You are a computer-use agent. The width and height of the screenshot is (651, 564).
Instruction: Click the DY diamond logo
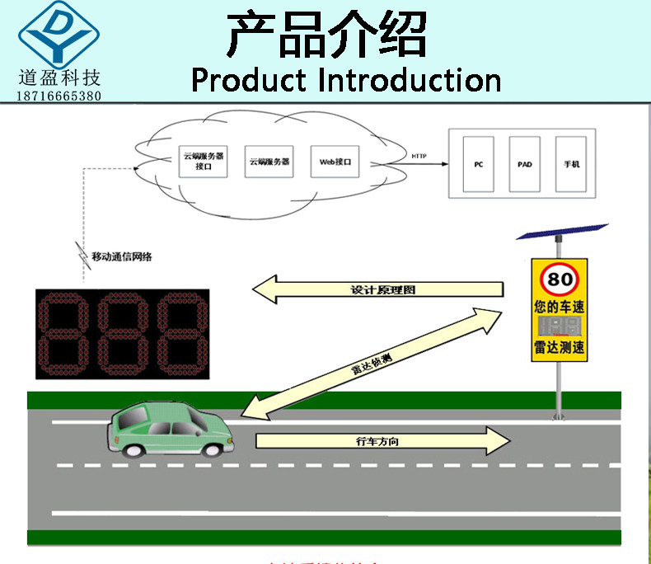(x=59, y=35)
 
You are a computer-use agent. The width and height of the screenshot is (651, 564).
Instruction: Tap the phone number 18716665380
(x=59, y=96)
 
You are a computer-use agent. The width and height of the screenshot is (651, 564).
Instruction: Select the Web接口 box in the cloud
(x=335, y=162)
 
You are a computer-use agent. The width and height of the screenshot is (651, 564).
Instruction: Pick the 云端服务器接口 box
(x=204, y=161)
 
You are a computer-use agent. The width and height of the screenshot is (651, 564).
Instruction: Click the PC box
(x=478, y=164)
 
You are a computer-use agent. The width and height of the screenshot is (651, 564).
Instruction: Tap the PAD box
(x=525, y=164)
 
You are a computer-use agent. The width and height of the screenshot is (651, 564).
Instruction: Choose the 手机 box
(x=572, y=164)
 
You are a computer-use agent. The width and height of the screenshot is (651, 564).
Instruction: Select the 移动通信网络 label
(x=122, y=256)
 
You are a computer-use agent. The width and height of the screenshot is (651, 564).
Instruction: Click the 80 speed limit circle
(x=560, y=279)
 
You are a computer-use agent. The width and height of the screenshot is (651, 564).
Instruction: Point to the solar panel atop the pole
(x=562, y=232)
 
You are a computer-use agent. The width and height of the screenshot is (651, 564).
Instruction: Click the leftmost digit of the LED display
(x=64, y=334)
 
